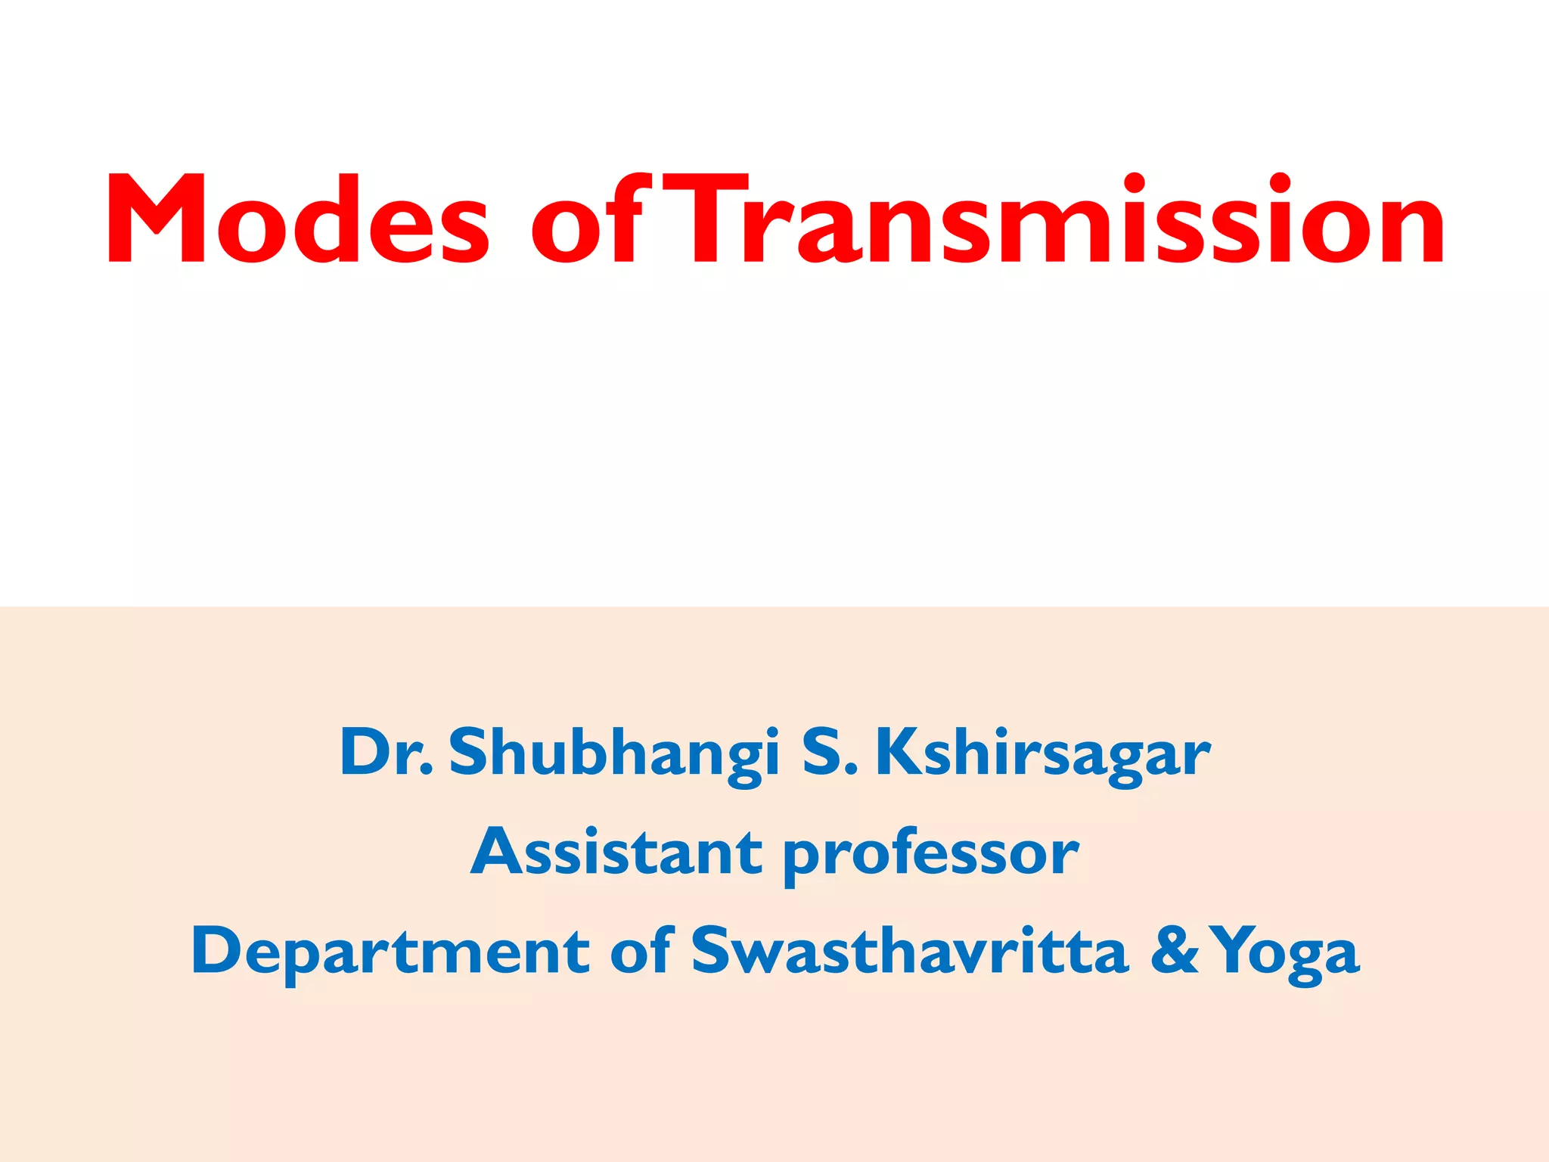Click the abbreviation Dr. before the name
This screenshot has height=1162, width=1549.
[386, 752]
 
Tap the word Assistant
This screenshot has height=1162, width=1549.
[616, 852]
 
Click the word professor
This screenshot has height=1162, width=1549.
[930, 855]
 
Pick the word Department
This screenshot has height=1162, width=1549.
[390, 952]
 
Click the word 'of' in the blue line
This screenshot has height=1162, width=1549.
[641, 950]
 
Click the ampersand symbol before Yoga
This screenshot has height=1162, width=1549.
[1175, 951]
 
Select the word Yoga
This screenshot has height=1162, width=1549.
[1286, 953]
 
